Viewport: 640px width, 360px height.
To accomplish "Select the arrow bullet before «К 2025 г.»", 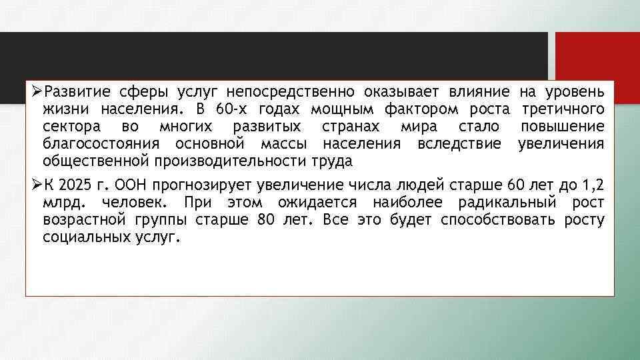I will (37, 184).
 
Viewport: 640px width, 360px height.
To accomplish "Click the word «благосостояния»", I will (101, 144).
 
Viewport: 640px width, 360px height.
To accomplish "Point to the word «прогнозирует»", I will (205, 185).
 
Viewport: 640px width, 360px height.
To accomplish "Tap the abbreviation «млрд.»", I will (63, 202).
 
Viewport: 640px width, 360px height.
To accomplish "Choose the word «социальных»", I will (81, 237).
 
